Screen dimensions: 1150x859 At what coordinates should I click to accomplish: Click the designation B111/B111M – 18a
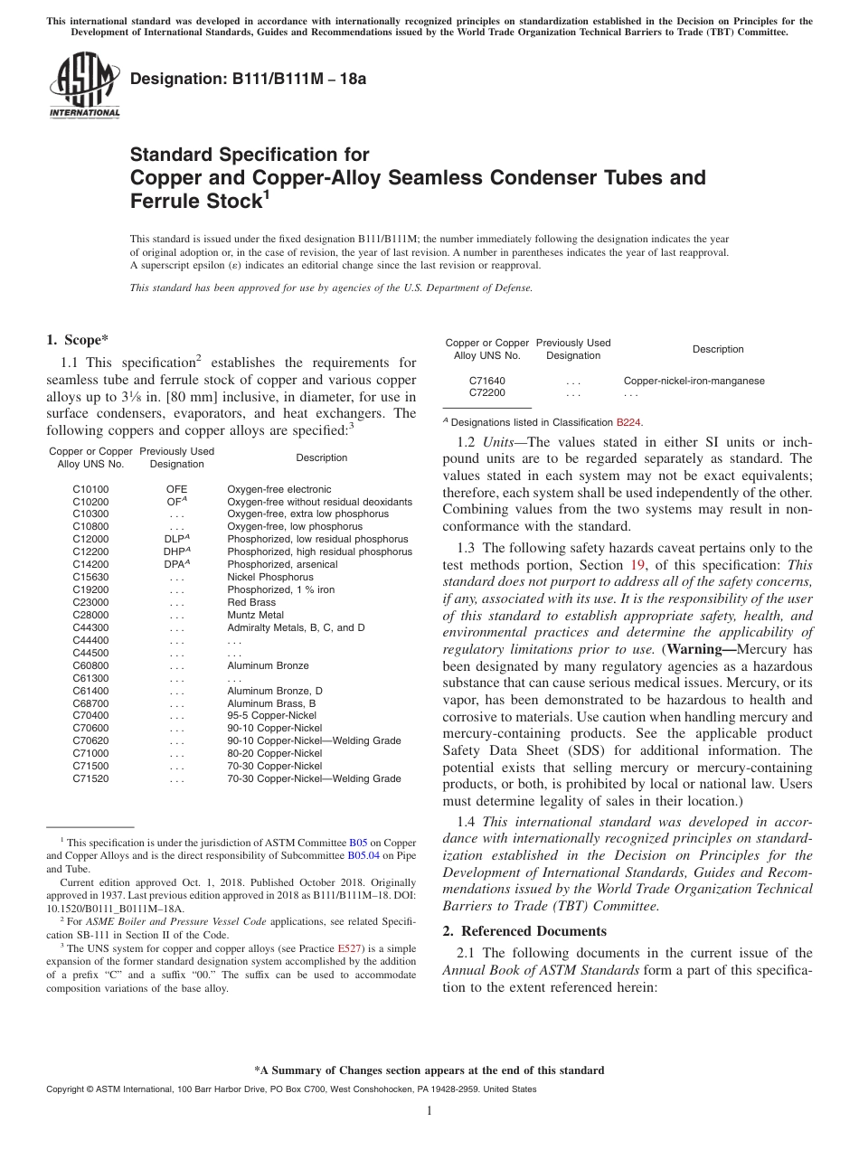click(x=249, y=79)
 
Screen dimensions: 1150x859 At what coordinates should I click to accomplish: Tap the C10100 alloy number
click(x=90, y=489)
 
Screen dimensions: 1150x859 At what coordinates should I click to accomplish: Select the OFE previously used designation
click(x=176, y=489)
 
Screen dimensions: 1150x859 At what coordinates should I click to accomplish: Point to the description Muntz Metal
click(x=255, y=615)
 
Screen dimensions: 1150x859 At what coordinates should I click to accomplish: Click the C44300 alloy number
click(x=90, y=627)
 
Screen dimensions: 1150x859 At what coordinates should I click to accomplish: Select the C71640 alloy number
click(x=487, y=381)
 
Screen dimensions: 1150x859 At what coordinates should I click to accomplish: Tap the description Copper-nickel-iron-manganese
click(x=694, y=381)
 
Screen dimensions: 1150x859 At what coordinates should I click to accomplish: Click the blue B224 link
click(x=628, y=422)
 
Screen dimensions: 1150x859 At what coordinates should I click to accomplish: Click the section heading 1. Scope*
click(x=77, y=340)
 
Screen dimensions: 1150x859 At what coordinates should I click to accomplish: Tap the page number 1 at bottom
click(x=429, y=1110)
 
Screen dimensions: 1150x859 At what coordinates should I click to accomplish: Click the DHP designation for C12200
click(x=176, y=551)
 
